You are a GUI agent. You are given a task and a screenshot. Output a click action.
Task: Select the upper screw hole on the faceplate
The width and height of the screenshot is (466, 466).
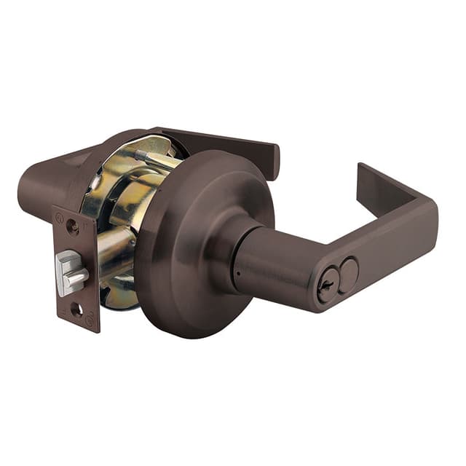click(x=72, y=226)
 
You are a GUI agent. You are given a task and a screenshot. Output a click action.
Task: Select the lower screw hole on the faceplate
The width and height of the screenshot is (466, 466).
click(x=76, y=310)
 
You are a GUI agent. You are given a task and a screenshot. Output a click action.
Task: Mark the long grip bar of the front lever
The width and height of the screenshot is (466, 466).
click(x=386, y=248)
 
